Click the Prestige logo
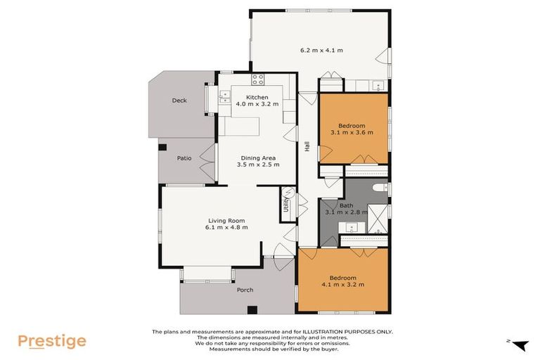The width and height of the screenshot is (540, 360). [52, 342]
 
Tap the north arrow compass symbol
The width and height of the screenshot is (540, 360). [518, 345]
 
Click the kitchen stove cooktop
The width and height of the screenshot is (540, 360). [258, 79]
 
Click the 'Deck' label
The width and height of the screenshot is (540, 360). [179, 101]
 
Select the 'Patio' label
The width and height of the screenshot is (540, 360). [184, 158]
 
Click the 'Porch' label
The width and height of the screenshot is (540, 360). [245, 290]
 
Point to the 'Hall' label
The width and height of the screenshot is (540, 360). [307, 147]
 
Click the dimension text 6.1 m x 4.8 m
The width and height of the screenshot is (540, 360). [226, 227]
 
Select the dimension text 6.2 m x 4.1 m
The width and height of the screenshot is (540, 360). [321, 50]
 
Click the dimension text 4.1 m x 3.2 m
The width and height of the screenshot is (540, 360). [342, 285]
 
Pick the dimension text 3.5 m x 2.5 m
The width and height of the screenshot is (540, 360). [260, 165]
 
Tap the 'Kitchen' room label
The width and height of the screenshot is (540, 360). [257, 96]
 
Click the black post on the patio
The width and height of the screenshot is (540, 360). [162, 147]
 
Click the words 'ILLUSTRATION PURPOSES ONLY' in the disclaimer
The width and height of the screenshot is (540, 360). [348, 332]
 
